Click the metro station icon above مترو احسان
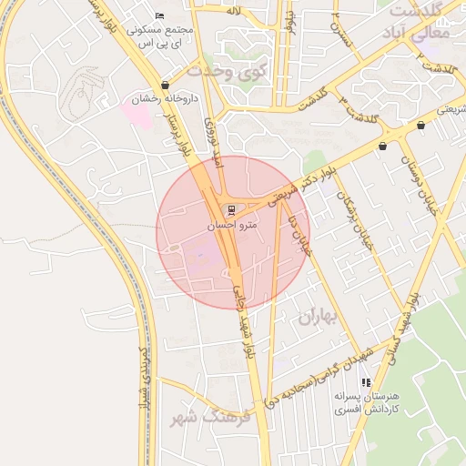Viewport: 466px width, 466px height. [228, 208]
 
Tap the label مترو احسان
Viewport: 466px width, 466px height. [232, 224]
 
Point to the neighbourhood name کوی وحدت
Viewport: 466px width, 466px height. [224, 71]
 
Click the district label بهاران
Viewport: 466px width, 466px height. [317, 317]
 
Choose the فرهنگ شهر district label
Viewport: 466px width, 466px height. [208, 417]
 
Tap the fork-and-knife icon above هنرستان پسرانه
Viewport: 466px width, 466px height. [366, 382]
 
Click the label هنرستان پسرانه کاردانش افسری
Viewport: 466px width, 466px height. [366, 404]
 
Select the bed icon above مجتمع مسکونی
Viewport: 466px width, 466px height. [160, 15]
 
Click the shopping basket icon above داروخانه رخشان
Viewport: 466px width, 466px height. [165, 85]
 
